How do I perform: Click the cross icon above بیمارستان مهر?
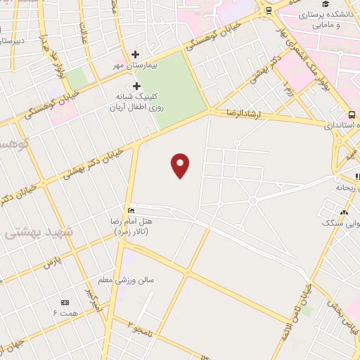[x=136, y=54]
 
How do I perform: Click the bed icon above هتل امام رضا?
[x=131, y=210]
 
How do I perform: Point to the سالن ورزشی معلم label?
[x=139, y=280]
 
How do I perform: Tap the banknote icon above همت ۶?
[x=65, y=302]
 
